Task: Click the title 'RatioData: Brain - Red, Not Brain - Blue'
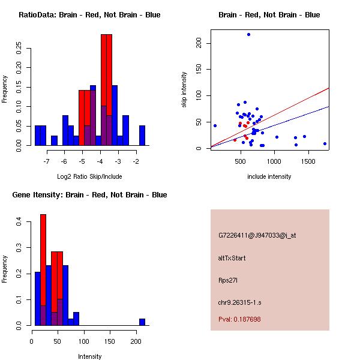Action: coord(89,15)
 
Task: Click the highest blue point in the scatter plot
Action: coord(248,35)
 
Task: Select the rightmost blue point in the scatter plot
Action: coord(325,143)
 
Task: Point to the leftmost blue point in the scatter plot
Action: coord(215,125)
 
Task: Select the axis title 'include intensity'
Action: coord(269,176)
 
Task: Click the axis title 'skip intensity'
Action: coord(184,90)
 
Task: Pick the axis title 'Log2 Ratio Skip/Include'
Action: coord(89,176)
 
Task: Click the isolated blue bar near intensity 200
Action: coord(142,322)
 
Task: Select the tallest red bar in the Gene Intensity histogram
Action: coord(43,269)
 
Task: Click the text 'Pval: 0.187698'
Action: coord(239,319)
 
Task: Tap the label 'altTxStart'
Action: coord(232,258)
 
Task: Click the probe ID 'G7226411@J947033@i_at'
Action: coord(257,235)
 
